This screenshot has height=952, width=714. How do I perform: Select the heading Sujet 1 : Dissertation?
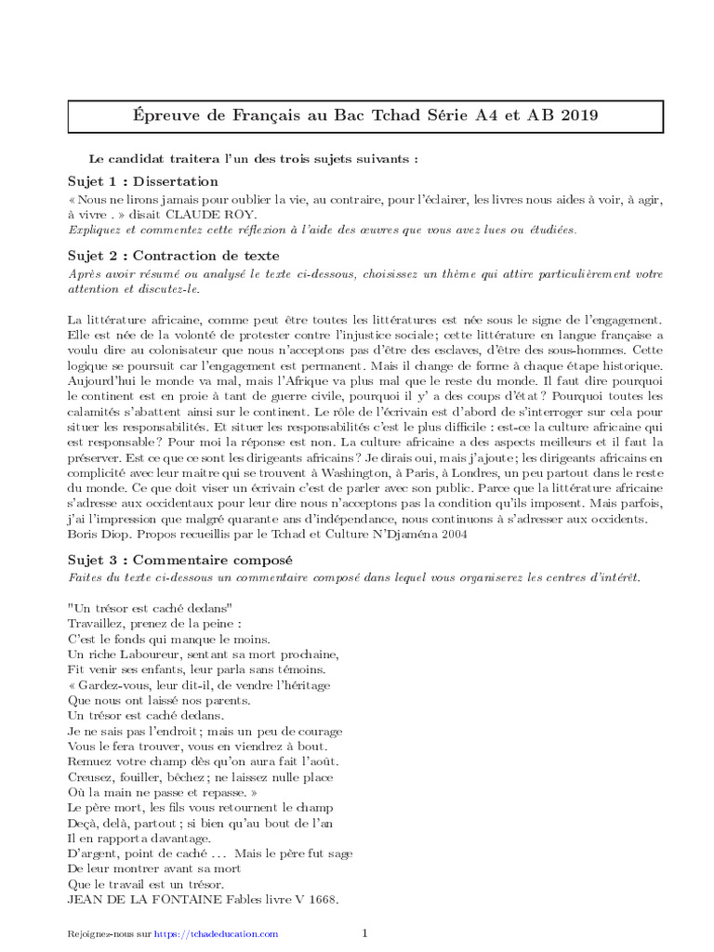click(x=143, y=181)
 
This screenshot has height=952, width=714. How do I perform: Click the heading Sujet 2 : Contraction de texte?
click(x=174, y=256)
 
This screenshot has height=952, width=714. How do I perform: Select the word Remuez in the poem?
click(x=90, y=761)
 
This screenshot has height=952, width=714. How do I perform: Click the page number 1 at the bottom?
click(x=365, y=932)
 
